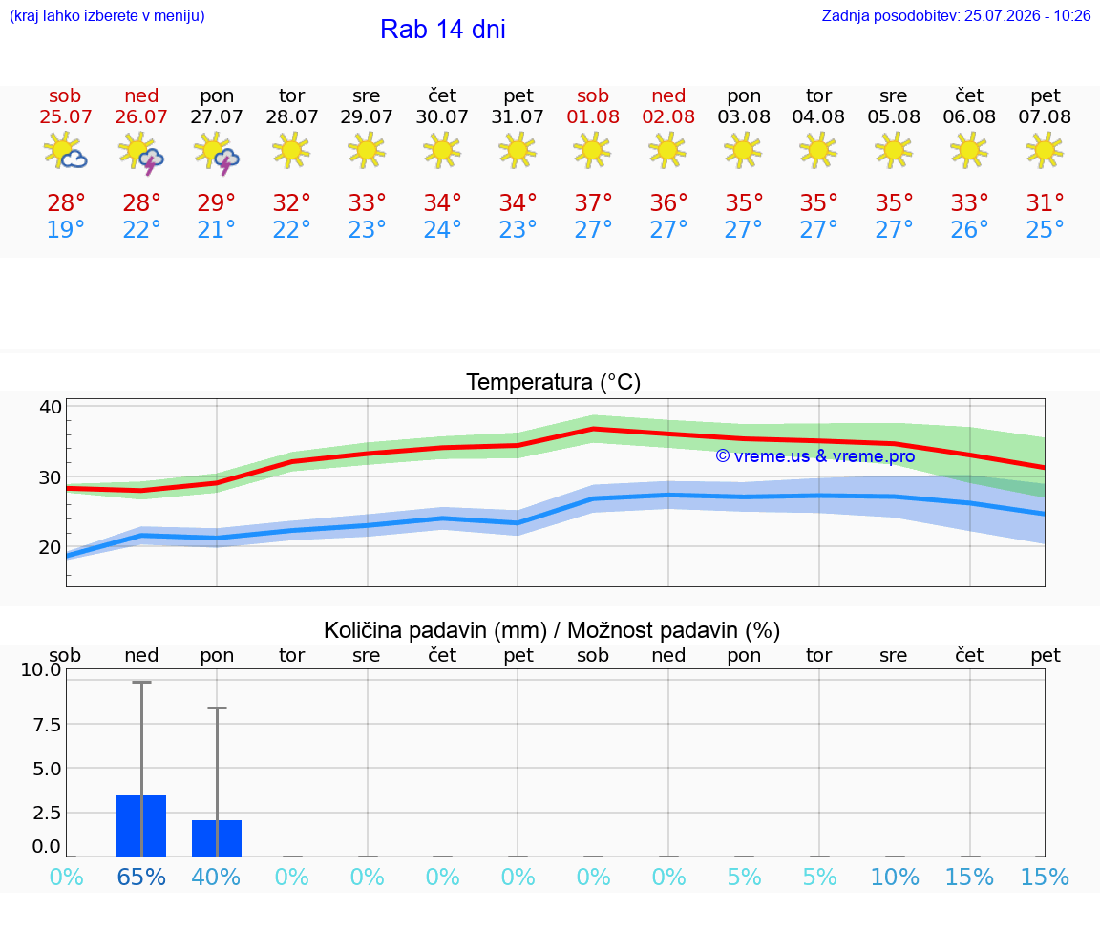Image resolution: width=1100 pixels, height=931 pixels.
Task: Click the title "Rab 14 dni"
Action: click(443, 30)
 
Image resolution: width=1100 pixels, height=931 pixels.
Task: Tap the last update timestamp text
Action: click(956, 15)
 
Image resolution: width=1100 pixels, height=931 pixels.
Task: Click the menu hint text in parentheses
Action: click(107, 15)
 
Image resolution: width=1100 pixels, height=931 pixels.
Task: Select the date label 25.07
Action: click(65, 116)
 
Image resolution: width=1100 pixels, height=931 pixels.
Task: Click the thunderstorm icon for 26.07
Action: click(141, 152)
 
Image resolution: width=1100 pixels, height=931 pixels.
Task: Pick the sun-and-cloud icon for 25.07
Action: click(65, 150)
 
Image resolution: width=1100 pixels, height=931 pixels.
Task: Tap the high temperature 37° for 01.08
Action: click(594, 202)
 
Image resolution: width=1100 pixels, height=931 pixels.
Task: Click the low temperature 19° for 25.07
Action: click(65, 229)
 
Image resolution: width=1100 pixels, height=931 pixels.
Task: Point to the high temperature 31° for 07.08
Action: click(1046, 202)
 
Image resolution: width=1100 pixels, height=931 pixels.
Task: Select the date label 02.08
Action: click(668, 116)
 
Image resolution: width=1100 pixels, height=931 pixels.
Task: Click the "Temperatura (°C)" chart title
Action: click(554, 382)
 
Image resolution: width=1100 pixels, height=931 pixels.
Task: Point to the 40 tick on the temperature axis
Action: click(51, 407)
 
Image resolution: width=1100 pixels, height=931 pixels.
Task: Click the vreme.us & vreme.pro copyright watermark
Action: click(815, 456)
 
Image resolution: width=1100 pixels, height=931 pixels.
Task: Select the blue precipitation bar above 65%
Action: click(141, 826)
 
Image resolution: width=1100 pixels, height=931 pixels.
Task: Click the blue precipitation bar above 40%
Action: click(217, 838)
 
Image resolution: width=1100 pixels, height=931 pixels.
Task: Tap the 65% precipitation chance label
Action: click(141, 877)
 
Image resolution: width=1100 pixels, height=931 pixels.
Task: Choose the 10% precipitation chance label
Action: click(895, 877)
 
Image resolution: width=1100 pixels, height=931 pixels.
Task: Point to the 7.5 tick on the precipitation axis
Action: click(47, 724)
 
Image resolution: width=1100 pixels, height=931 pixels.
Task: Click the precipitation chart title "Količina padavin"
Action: click(435, 630)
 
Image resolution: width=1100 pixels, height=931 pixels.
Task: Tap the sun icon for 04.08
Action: click(818, 151)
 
